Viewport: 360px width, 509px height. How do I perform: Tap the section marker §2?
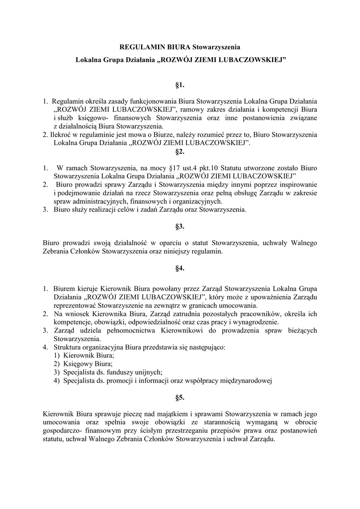[180, 151]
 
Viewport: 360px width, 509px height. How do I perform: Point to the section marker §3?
[180, 226]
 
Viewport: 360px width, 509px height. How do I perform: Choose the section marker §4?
[180, 268]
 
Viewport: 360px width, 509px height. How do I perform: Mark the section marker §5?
[180, 397]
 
